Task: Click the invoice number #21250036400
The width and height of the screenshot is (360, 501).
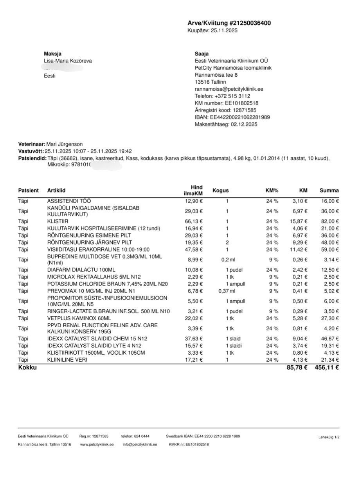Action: pyautogui.click(x=249, y=23)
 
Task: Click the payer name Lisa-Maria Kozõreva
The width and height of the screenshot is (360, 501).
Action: pyautogui.click(x=68, y=61)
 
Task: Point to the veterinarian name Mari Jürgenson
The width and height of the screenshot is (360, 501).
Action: pyautogui.click(x=65, y=144)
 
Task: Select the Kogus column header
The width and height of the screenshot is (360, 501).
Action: pyautogui.click(x=220, y=191)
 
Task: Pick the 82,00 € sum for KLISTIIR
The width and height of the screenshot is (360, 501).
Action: pyautogui.click(x=329, y=221)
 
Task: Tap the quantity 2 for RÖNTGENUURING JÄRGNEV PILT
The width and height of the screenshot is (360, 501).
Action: pyautogui.click(x=227, y=242)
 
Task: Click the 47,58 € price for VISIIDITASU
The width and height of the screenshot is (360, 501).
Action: pyautogui.click(x=194, y=249)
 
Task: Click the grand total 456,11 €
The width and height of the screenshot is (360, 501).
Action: pyautogui.click(x=326, y=368)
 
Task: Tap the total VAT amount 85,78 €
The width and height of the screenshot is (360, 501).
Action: pyautogui.click(x=297, y=368)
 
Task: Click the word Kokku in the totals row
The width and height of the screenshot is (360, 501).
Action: pyautogui.click(x=27, y=368)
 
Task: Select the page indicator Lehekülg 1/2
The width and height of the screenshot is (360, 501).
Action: pyautogui.click(x=329, y=437)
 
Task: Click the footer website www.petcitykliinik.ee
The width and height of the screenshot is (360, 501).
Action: pyautogui.click(x=97, y=445)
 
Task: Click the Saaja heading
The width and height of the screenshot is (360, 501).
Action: pyautogui.click(x=202, y=54)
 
